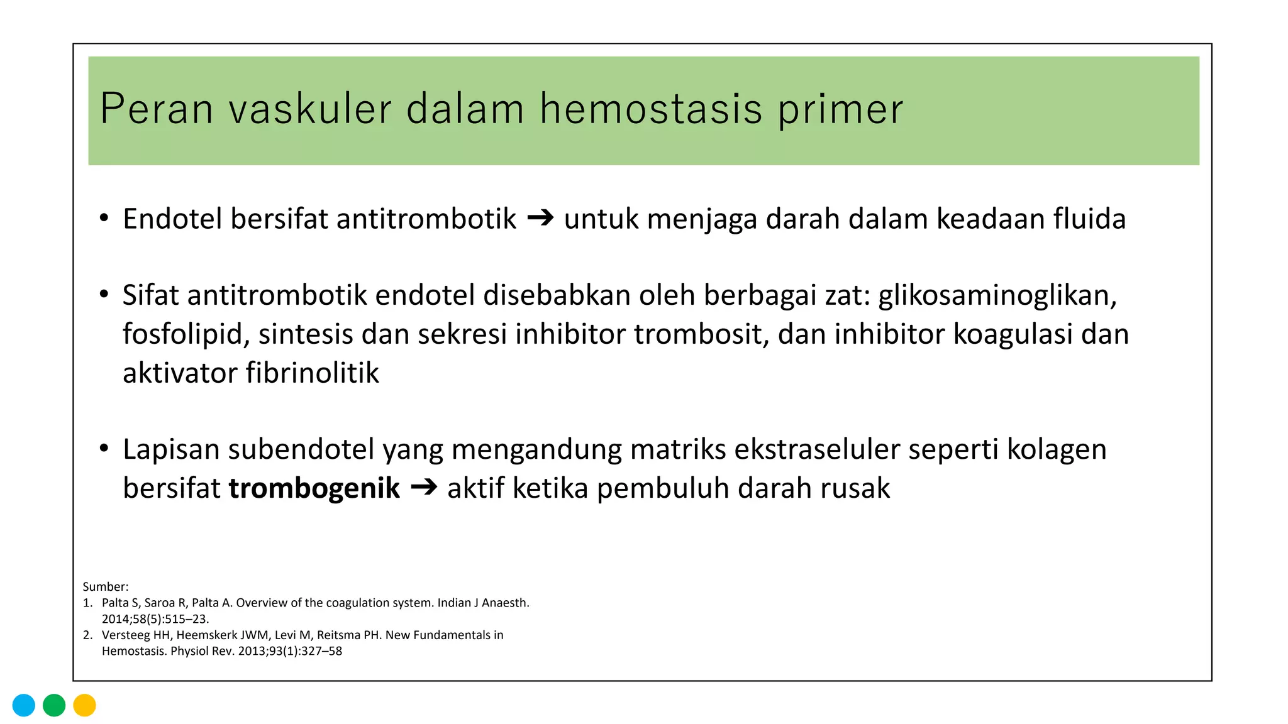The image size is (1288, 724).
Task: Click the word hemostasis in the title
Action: pos(650,109)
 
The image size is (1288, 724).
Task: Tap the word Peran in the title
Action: pos(157,109)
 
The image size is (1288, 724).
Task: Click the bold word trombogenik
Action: pos(314,488)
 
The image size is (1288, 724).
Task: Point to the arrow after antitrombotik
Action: pos(540,218)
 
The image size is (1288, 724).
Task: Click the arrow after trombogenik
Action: pos(423,488)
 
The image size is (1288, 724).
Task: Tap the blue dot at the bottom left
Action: pos(24,705)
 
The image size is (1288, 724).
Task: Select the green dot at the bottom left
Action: pos(54,705)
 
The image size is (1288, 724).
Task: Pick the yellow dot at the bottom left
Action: pos(84,705)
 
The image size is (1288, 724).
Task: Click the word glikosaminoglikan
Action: pos(997,295)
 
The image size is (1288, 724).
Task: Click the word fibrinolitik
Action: pos(312,373)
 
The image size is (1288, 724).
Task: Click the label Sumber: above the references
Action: pos(106,587)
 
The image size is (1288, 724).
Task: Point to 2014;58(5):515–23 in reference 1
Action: pos(155,619)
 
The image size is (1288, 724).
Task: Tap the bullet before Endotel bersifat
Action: pos(104,219)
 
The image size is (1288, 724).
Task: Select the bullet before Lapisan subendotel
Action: pos(104,449)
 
